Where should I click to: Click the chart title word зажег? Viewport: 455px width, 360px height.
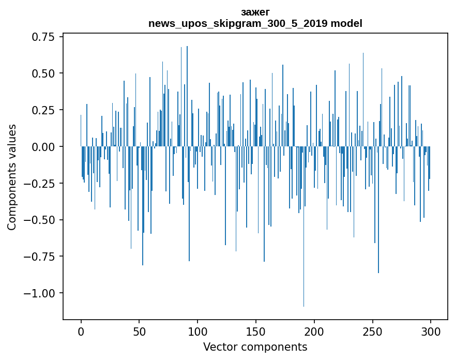click(255, 12)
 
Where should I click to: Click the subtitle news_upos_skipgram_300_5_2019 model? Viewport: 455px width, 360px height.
click(255, 23)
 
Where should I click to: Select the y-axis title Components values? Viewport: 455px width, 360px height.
click(12, 177)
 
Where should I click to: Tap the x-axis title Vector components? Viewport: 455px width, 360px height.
click(255, 347)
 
